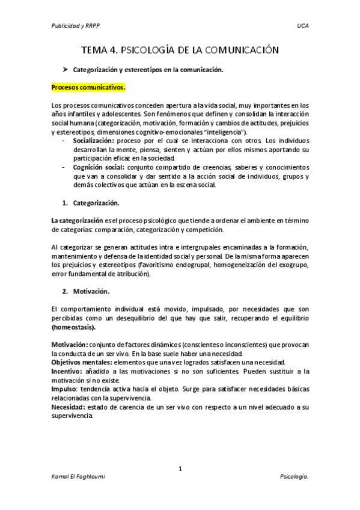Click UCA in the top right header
(302, 26)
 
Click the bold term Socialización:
(96, 140)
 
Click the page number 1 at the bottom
(180, 468)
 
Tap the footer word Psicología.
(294, 477)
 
